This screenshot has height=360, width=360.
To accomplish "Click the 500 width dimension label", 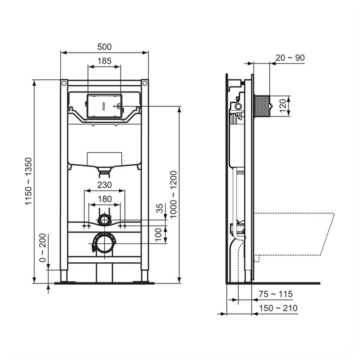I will pyautogui.click(x=104, y=47).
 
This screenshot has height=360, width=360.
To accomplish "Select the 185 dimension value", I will pyautogui.click(x=104, y=61).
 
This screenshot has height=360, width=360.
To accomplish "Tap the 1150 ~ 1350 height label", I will pyautogui.click(x=29, y=181).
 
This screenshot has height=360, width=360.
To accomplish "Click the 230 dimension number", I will pyautogui.click(x=104, y=186).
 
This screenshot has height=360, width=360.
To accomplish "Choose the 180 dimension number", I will pyautogui.click(x=104, y=199).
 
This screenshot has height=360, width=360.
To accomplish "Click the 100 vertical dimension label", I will pyautogui.click(x=159, y=234).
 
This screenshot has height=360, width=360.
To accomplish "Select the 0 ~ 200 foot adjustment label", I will pyautogui.click(x=43, y=248).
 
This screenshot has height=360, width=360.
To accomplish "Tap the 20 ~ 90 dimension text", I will pyautogui.click(x=290, y=58).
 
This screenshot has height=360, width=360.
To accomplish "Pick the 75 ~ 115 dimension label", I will pyautogui.click(x=276, y=294).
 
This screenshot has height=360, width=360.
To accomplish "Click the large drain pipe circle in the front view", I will pyautogui.click(x=104, y=243).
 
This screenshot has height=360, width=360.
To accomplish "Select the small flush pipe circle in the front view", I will pyautogui.click(x=105, y=220).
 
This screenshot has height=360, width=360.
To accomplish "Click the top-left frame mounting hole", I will pyautogui.click(x=64, y=83).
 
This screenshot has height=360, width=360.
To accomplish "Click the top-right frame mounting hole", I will pyautogui.click(x=145, y=83).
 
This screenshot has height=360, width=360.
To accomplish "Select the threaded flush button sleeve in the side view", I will pyautogui.click(x=262, y=107).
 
